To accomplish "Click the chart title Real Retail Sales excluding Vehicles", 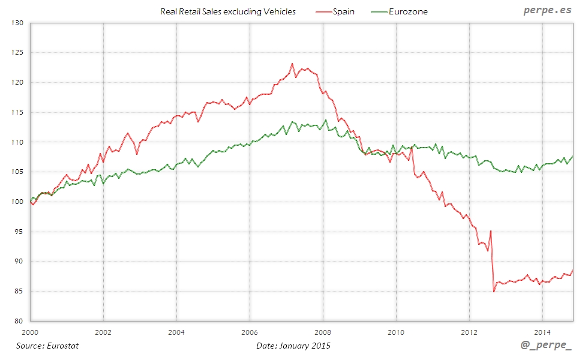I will point(228,11).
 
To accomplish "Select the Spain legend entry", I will point(344,11).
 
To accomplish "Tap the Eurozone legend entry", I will point(407,11).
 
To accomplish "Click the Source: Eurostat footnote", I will point(47,346).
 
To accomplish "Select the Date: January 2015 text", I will point(293,346).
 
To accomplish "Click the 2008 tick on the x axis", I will point(323,331).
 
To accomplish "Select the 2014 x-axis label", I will point(542,331).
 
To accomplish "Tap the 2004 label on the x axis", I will point(176,331).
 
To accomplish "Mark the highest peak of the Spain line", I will point(292,64).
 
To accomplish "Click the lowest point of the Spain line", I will point(494,292).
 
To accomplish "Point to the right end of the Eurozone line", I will point(572,156).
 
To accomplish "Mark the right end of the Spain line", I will point(572,270).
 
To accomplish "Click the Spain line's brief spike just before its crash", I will point(491,231).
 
